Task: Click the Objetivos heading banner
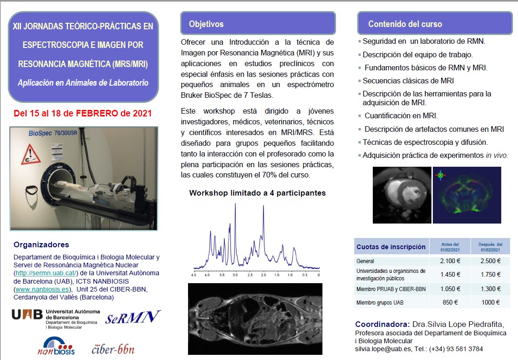[258, 24]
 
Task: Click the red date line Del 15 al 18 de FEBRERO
[83, 113]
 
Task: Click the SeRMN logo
[133, 318]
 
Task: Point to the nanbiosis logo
[56, 345]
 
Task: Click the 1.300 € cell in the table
[490, 289]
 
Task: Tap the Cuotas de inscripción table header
[390, 247]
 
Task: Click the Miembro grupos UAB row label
[380, 303]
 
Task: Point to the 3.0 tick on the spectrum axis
[235, 275]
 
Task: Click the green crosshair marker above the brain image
[440, 176]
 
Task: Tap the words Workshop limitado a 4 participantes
[257, 193]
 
